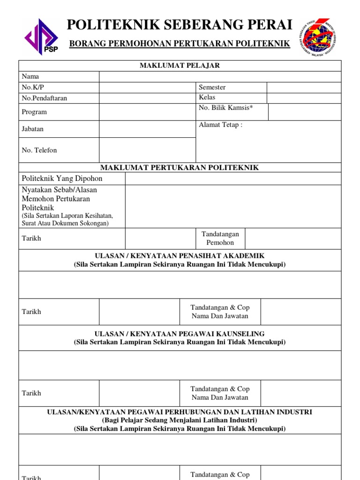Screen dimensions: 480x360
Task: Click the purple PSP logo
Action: point(41,36)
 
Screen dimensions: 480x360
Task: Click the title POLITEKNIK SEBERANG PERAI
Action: point(180,24)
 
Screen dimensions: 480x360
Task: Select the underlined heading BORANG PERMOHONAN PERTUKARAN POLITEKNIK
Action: point(180,44)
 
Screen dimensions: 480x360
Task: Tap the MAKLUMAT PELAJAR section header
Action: point(180,66)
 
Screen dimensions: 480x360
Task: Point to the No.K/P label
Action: point(30,87)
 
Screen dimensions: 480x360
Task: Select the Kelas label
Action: point(207,97)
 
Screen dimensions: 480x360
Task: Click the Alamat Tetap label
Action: point(220,125)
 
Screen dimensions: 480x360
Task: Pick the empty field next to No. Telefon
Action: point(147,150)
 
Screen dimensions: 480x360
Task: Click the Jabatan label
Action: point(32,129)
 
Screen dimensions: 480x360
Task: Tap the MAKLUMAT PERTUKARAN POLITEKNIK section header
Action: point(180,168)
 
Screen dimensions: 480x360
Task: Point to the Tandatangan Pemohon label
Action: point(220,238)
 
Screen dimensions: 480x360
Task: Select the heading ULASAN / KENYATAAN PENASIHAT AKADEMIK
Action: point(180,256)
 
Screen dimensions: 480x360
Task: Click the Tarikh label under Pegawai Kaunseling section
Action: point(31,393)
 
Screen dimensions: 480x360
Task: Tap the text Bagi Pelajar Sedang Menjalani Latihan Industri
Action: point(180,420)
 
